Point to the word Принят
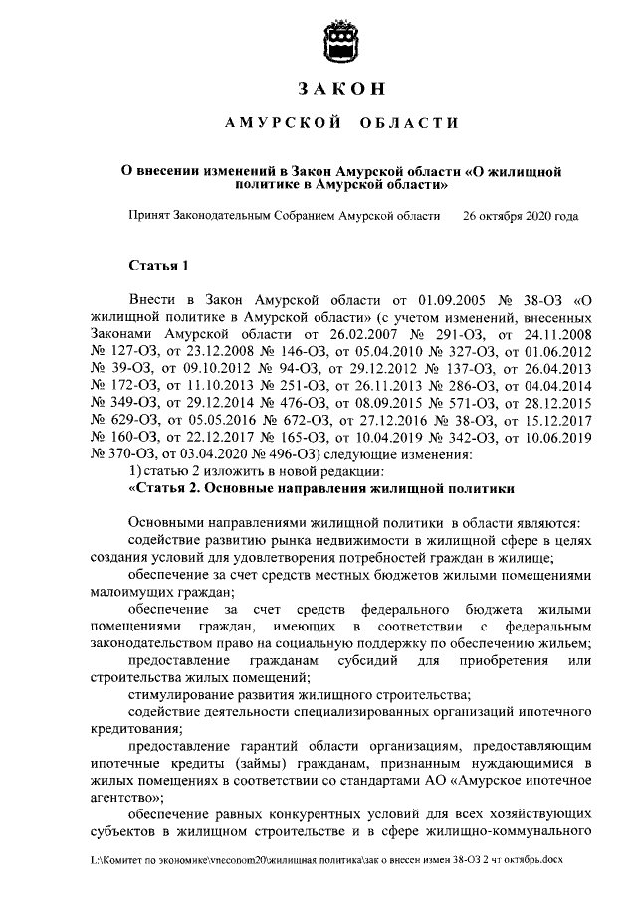click(x=151, y=216)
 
